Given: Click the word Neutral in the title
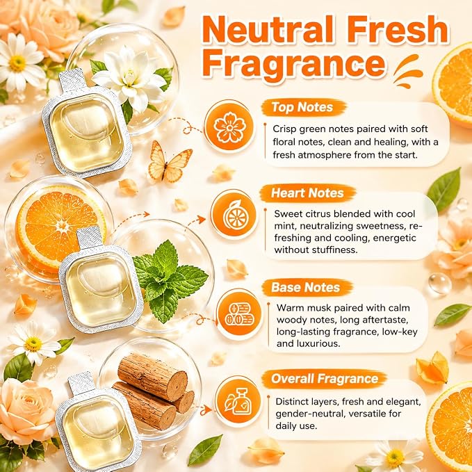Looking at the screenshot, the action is pyautogui.click(x=268, y=29).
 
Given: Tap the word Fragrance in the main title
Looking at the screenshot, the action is pyautogui.click(x=294, y=64).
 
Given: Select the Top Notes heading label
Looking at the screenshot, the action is pyautogui.click(x=302, y=107).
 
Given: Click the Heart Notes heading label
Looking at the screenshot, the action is pyautogui.click(x=307, y=193).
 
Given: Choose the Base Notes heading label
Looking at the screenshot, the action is pyautogui.click(x=306, y=288).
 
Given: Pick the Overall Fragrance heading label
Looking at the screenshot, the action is pyautogui.click(x=325, y=379).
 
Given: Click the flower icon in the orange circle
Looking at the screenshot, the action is pyautogui.click(x=229, y=127).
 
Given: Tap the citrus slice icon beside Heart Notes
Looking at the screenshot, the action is pyautogui.click(x=235, y=215).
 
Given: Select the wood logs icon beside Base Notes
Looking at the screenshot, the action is pyautogui.click(x=238, y=314).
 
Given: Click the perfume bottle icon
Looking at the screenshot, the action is pyautogui.click(x=238, y=402).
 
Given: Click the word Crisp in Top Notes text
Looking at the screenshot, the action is pyautogui.click(x=284, y=129).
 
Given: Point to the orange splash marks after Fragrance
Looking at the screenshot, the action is pyautogui.click(x=408, y=72).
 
